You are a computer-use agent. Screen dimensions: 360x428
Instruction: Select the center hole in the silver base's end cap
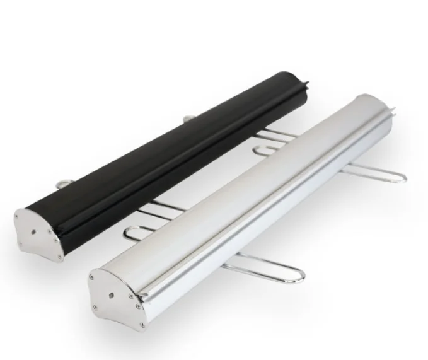coord(112,294)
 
